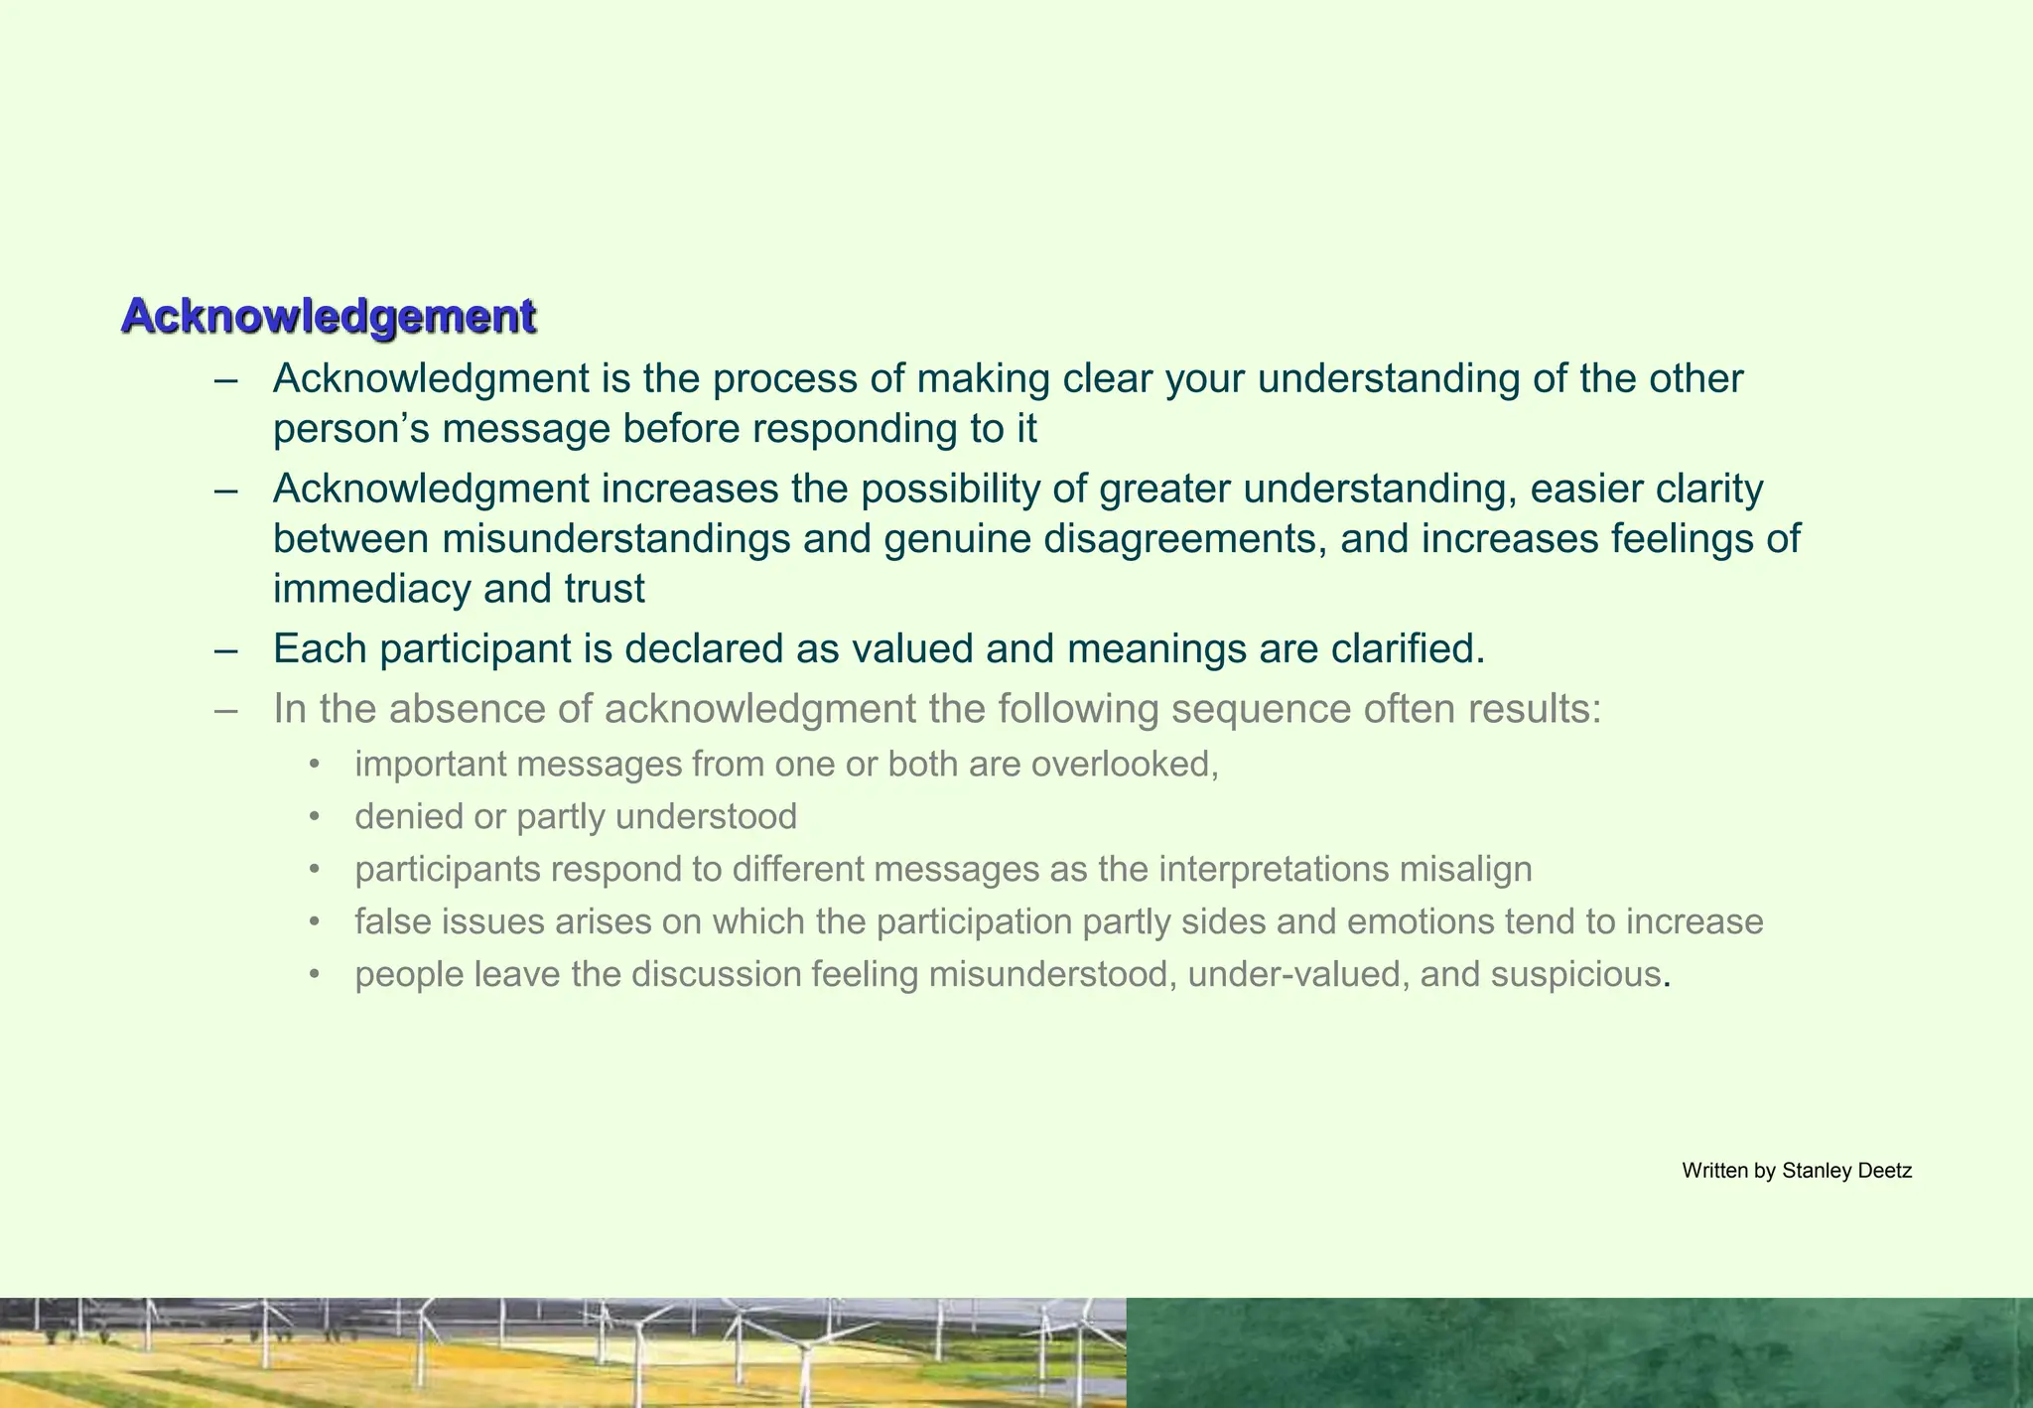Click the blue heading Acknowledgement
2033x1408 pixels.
point(329,317)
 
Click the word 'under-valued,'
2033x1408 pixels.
point(1297,975)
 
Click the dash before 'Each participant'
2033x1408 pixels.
point(225,650)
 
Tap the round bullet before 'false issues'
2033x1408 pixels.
point(315,922)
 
